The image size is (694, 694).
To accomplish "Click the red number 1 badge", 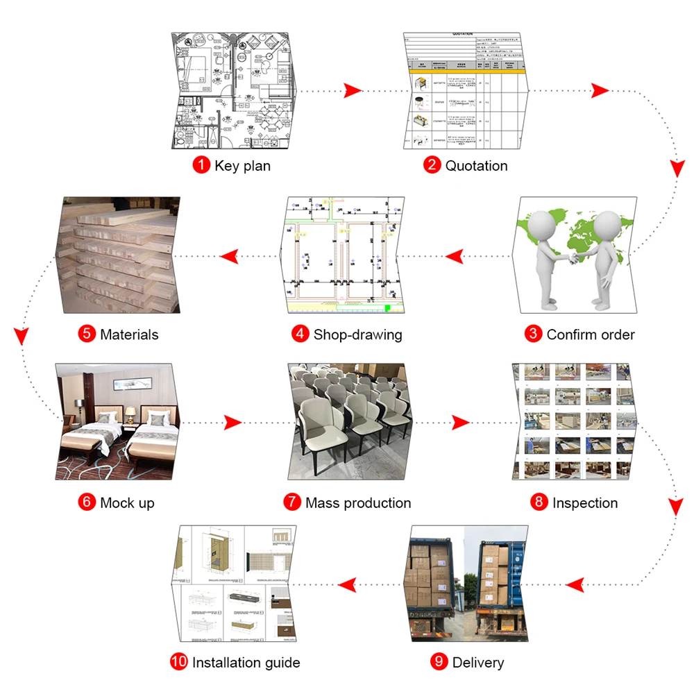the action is pyautogui.click(x=201, y=166).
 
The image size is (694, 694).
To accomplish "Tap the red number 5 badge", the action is pyautogui.click(x=87, y=334).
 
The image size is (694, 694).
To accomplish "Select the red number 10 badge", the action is pyautogui.click(x=179, y=662).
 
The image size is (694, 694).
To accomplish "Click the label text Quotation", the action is pyautogui.click(x=476, y=166).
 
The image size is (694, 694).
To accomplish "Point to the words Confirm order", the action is pyautogui.click(x=590, y=334).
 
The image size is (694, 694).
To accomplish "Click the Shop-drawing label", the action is pyautogui.click(x=357, y=334).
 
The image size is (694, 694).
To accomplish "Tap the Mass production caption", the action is pyautogui.click(x=358, y=502).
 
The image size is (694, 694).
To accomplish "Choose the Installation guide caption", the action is pyautogui.click(x=246, y=662).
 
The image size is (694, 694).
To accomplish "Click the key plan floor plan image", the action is pyautogui.click(x=233, y=90).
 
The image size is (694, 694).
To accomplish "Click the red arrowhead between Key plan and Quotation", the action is pyautogui.click(x=353, y=90).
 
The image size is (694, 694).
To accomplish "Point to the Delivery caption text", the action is pyautogui.click(x=477, y=662).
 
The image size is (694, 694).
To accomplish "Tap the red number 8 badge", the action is pyautogui.click(x=539, y=502).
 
